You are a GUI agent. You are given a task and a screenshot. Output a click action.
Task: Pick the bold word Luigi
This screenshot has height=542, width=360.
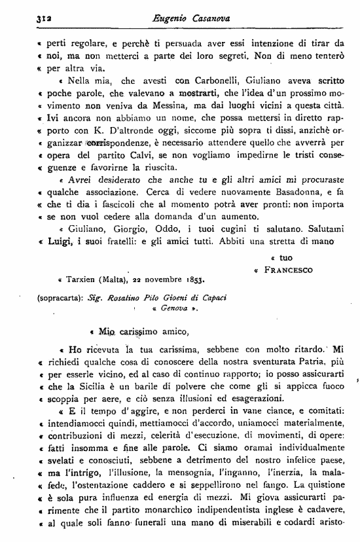click(63, 241)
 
